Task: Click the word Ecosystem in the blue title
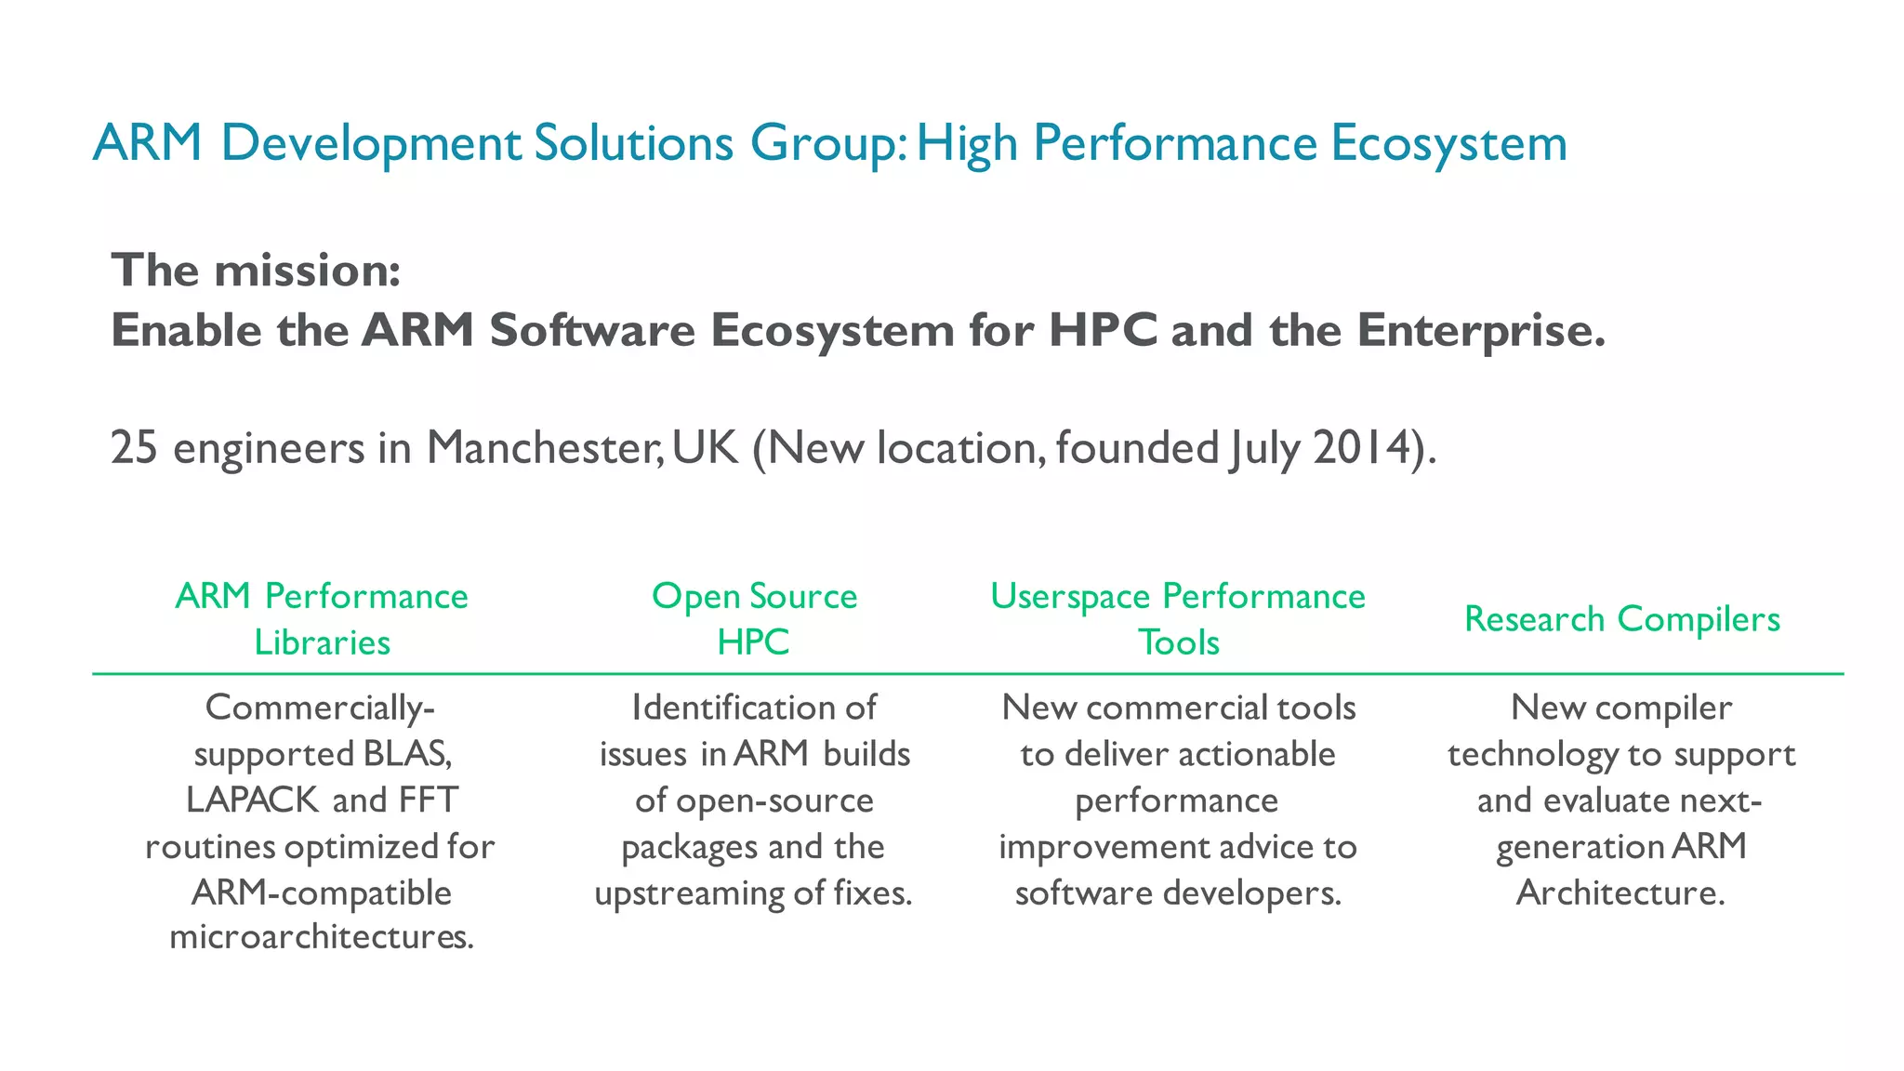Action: tap(1448, 144)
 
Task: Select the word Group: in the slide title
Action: tap(828, 144)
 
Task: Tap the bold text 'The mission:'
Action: tap(257, 271)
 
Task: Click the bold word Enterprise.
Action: tap(1481, 331)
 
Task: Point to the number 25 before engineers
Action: tap(134, 448)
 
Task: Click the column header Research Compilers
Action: tap(1622, 619)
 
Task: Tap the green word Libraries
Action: tap(323, 642)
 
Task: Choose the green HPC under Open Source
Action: tap(753, 642)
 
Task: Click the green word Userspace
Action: tap(1070, 597)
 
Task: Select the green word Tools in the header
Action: tap(1179, 642)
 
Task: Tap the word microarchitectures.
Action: tap(322, 936)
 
